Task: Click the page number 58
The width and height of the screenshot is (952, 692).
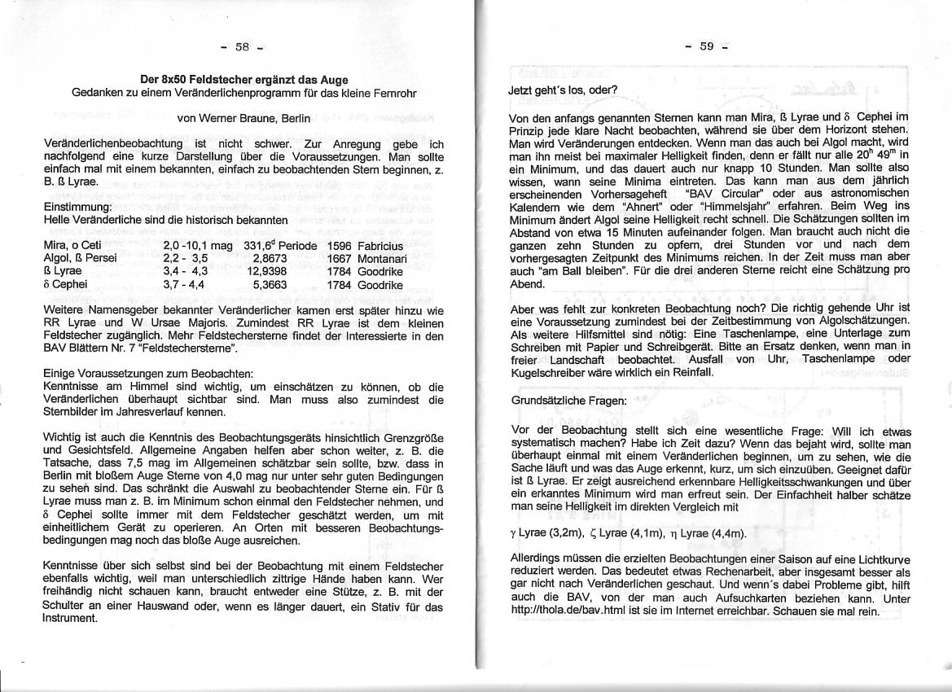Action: click(243, 46)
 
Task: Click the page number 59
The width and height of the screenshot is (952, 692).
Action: click(706, 46)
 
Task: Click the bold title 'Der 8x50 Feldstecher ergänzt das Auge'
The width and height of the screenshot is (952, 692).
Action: click(244, 80)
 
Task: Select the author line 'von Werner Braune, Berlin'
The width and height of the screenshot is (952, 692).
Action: click(243, 118)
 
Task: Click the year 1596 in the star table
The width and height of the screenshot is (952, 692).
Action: click(339, 245)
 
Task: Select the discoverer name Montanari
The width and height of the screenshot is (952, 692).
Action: click(382, 258)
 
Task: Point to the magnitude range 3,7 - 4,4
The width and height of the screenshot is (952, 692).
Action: click(184, 285)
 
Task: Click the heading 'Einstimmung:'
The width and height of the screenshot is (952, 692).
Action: click(72, 208)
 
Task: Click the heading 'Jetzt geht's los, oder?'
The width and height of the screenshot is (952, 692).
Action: click(563, 90)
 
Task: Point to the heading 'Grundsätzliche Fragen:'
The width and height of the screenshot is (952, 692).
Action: click(568, 401)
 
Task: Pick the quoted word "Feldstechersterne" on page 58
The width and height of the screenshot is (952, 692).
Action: click(189, 348)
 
